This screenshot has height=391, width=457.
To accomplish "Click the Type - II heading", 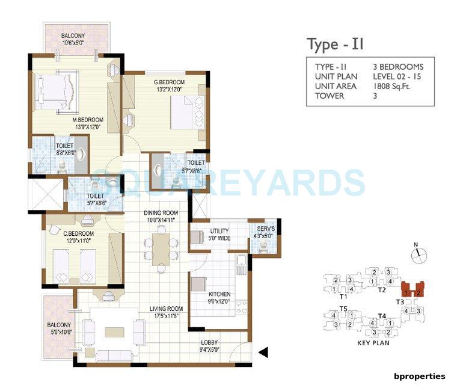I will (x=336, y=45).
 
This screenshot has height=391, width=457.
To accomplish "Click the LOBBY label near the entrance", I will (x=210, y=345).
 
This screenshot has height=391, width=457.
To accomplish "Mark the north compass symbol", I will (x=417, y=254).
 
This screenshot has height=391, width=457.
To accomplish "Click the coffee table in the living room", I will (x=114, y=331).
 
